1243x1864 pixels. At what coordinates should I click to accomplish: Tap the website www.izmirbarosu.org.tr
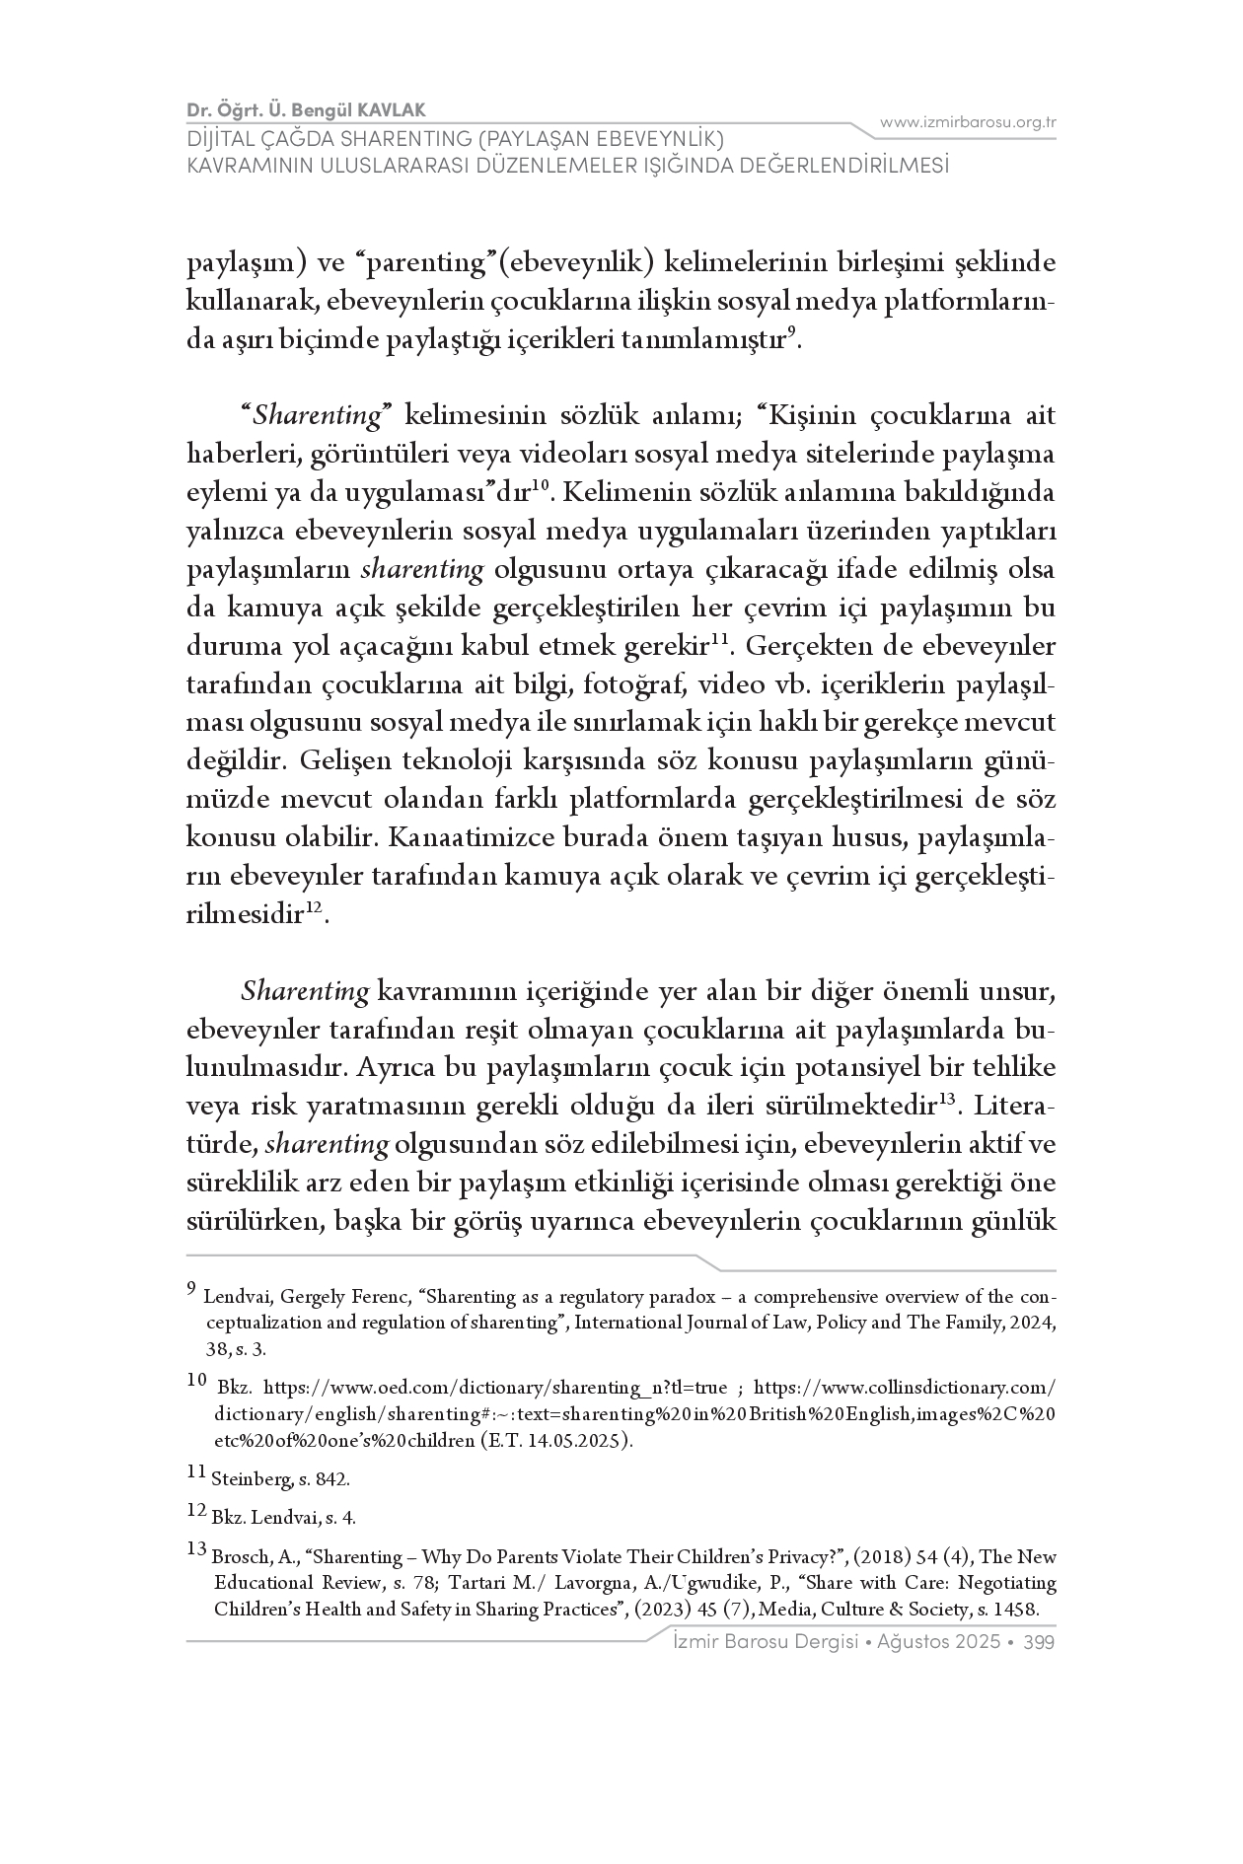(968, 122)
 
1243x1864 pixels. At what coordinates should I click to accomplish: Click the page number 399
(1040, 1642)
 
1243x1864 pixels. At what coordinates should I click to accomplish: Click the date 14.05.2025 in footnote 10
(584, 1440)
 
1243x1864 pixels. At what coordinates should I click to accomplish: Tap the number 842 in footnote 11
(333, 1479)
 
